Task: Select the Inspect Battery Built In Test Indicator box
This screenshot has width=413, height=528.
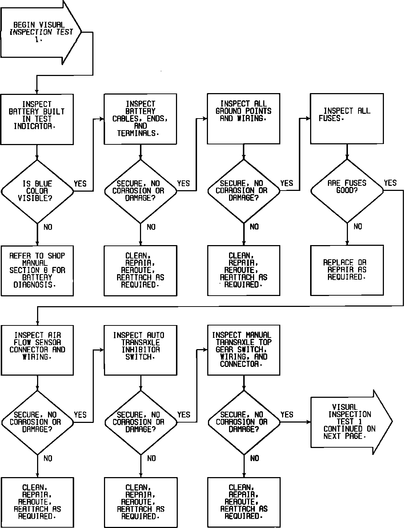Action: point(37,119)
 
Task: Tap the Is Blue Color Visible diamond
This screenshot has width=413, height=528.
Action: point(37,191)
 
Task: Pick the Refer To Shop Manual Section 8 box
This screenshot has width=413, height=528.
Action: point(37,271)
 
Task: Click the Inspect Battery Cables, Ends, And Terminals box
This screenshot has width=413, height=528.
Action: point(140,119)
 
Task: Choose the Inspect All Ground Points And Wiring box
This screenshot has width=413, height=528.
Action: point(243,119)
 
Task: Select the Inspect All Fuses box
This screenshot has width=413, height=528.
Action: point(346,119)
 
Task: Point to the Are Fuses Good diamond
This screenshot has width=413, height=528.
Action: point(347,191)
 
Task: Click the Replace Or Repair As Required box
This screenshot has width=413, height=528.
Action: point(347,270)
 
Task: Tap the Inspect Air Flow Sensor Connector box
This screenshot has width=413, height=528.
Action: point(37,350)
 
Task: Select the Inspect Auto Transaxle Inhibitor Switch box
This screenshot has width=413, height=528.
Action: point(140,350)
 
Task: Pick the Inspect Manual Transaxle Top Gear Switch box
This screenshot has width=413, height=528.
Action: point(243,350)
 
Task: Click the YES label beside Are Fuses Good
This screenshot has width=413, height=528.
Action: point(390,183)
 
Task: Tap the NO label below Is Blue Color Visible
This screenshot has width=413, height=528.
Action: point(48,227)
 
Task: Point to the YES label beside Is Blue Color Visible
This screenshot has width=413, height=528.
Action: point(80,183)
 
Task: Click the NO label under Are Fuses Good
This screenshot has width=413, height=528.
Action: point(358,227)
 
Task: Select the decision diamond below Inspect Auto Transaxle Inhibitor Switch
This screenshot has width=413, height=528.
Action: point(140,422)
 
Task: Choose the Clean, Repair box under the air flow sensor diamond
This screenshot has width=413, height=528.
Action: point(37,502)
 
